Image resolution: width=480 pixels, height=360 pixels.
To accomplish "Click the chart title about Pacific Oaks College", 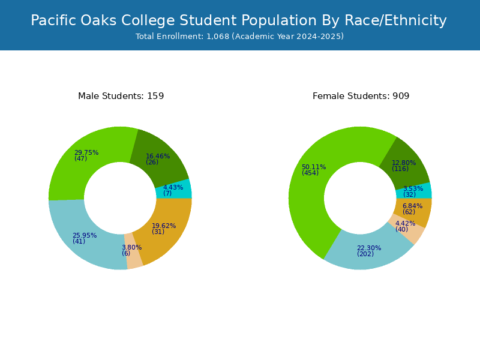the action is [239, 20].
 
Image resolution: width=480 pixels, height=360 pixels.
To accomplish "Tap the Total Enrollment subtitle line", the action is [239, 37].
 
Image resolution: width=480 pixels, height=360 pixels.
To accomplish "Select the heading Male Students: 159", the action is [121, 96].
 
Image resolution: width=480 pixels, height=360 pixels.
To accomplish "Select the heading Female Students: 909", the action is [361, 96].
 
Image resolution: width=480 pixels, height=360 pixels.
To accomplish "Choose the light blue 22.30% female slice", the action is [367, 253].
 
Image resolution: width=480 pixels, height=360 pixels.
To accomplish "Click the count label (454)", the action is [310, 173].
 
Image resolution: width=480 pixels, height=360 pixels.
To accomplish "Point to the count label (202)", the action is [365, 254].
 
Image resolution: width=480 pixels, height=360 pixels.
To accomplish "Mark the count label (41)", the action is [79, 241].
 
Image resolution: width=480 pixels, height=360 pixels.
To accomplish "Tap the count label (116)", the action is [400, 169].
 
